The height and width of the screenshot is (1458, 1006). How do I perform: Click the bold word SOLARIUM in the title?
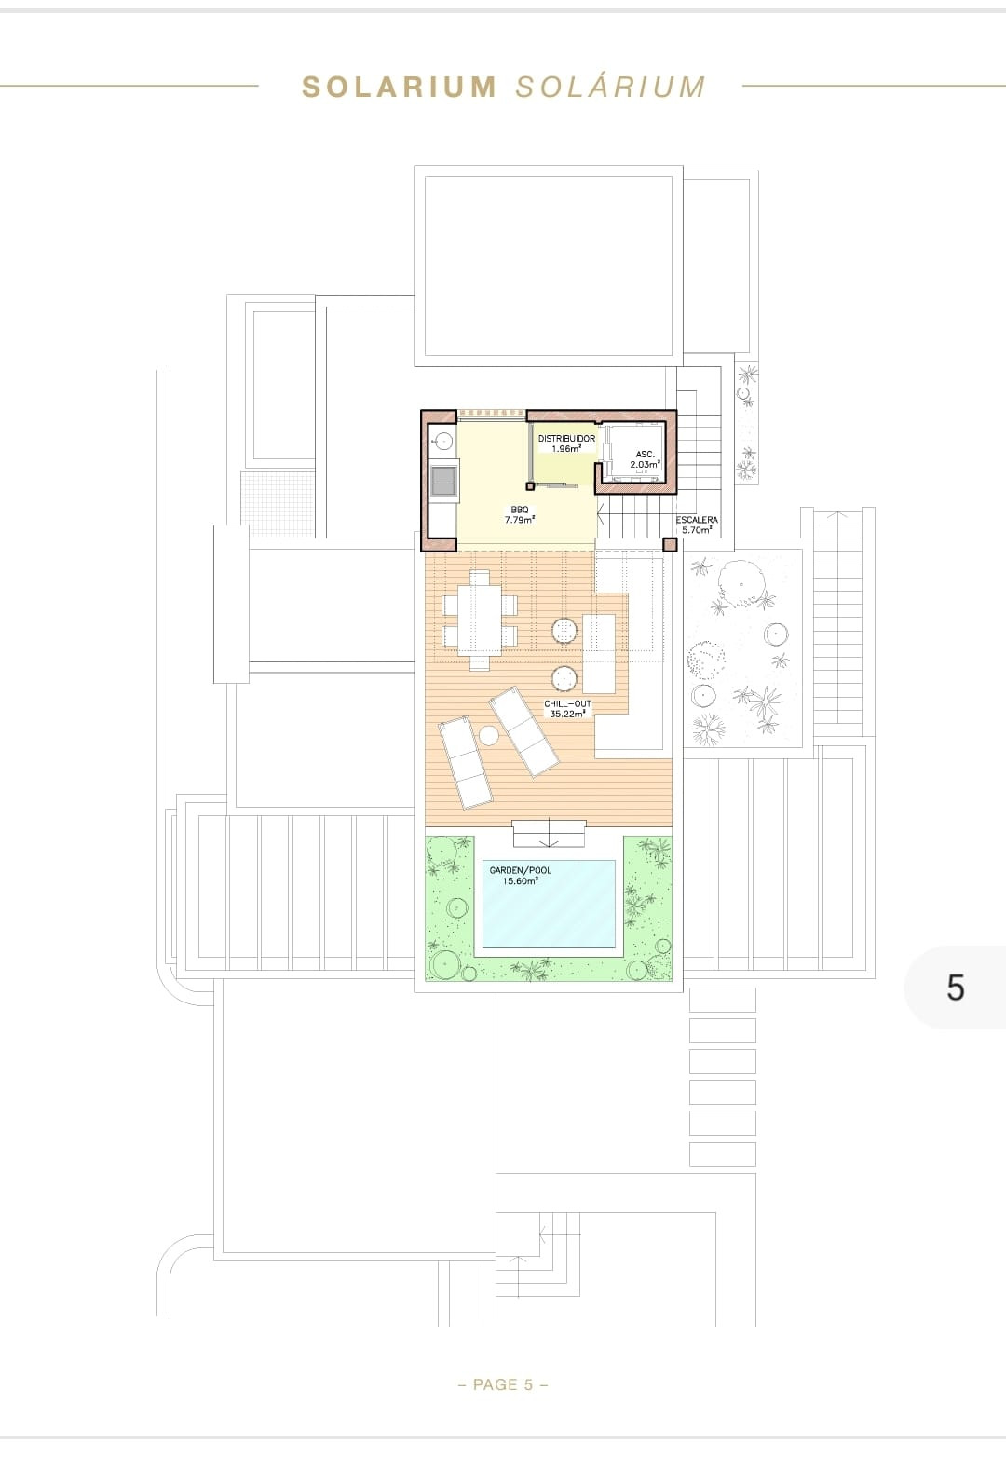399,87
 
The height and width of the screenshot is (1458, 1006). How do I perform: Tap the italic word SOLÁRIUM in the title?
610,87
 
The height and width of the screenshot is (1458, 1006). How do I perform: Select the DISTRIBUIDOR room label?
566,438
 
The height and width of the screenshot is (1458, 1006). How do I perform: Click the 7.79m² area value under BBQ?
519,520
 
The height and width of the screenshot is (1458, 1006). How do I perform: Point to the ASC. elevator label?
646,454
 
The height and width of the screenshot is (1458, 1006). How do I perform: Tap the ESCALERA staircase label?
697,520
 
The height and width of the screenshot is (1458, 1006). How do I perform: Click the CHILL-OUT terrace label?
567,703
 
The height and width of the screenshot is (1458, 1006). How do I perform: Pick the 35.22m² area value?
567,714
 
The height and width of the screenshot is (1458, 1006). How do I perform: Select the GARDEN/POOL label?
520,870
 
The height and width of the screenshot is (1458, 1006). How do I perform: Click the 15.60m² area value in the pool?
520,880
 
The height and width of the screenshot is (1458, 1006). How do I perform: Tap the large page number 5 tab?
955,988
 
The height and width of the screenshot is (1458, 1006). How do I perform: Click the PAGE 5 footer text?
503,1384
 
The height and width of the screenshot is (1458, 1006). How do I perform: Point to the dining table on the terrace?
480,620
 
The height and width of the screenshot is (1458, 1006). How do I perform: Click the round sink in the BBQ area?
443,441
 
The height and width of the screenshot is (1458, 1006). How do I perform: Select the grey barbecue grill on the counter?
443,481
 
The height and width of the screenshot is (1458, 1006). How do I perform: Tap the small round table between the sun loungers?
489,736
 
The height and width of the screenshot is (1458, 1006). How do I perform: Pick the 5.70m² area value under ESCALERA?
697,529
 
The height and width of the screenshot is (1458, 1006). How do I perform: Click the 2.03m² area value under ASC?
646,463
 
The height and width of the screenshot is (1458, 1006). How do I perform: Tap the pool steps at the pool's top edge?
549,832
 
